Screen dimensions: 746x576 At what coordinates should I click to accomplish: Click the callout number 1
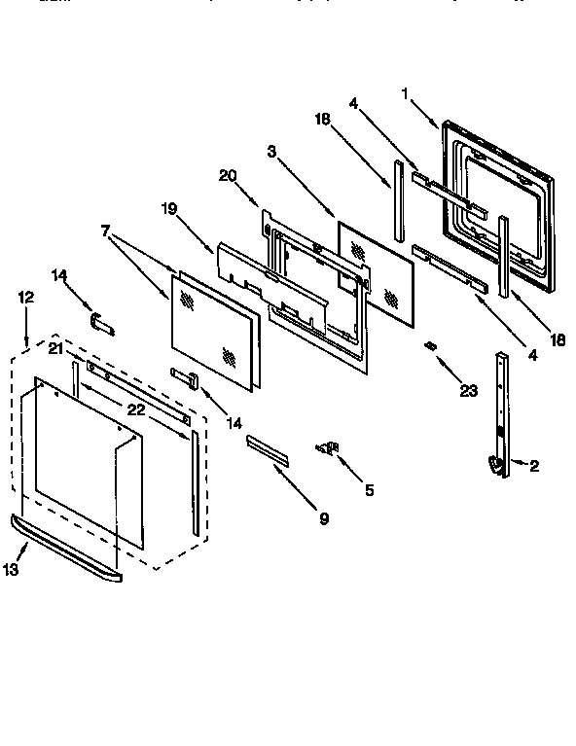[406, 93]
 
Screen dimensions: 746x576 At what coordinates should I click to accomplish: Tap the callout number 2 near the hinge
[534, 466]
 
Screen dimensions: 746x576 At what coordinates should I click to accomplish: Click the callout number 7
[105, 231]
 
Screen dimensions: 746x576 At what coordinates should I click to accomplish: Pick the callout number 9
[324, 518]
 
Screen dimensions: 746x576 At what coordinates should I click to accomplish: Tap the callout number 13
[11, 570]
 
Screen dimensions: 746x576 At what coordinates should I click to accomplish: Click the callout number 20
[228, 175]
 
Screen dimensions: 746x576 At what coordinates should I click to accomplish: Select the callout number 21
[55, 348]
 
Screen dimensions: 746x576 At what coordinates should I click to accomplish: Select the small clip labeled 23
[428, 347]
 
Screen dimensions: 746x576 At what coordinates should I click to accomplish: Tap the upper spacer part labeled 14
[101, 323]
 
